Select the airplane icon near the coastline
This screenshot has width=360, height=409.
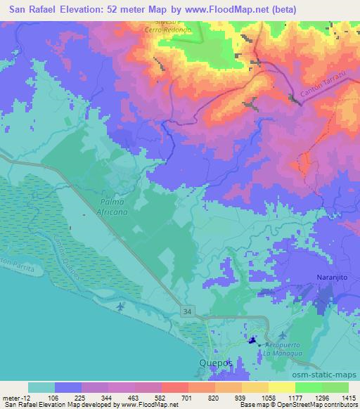coord(121,306)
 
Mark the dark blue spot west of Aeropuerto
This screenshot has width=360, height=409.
coord(251,342)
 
